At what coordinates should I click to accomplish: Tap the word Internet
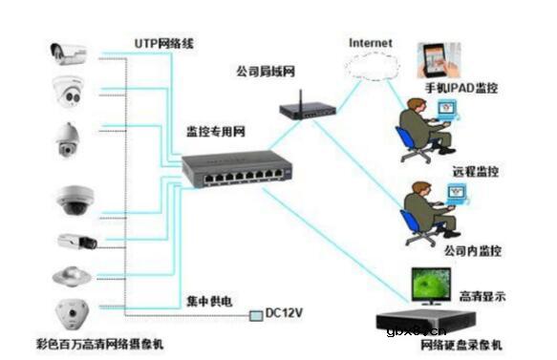click(371, 43)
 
